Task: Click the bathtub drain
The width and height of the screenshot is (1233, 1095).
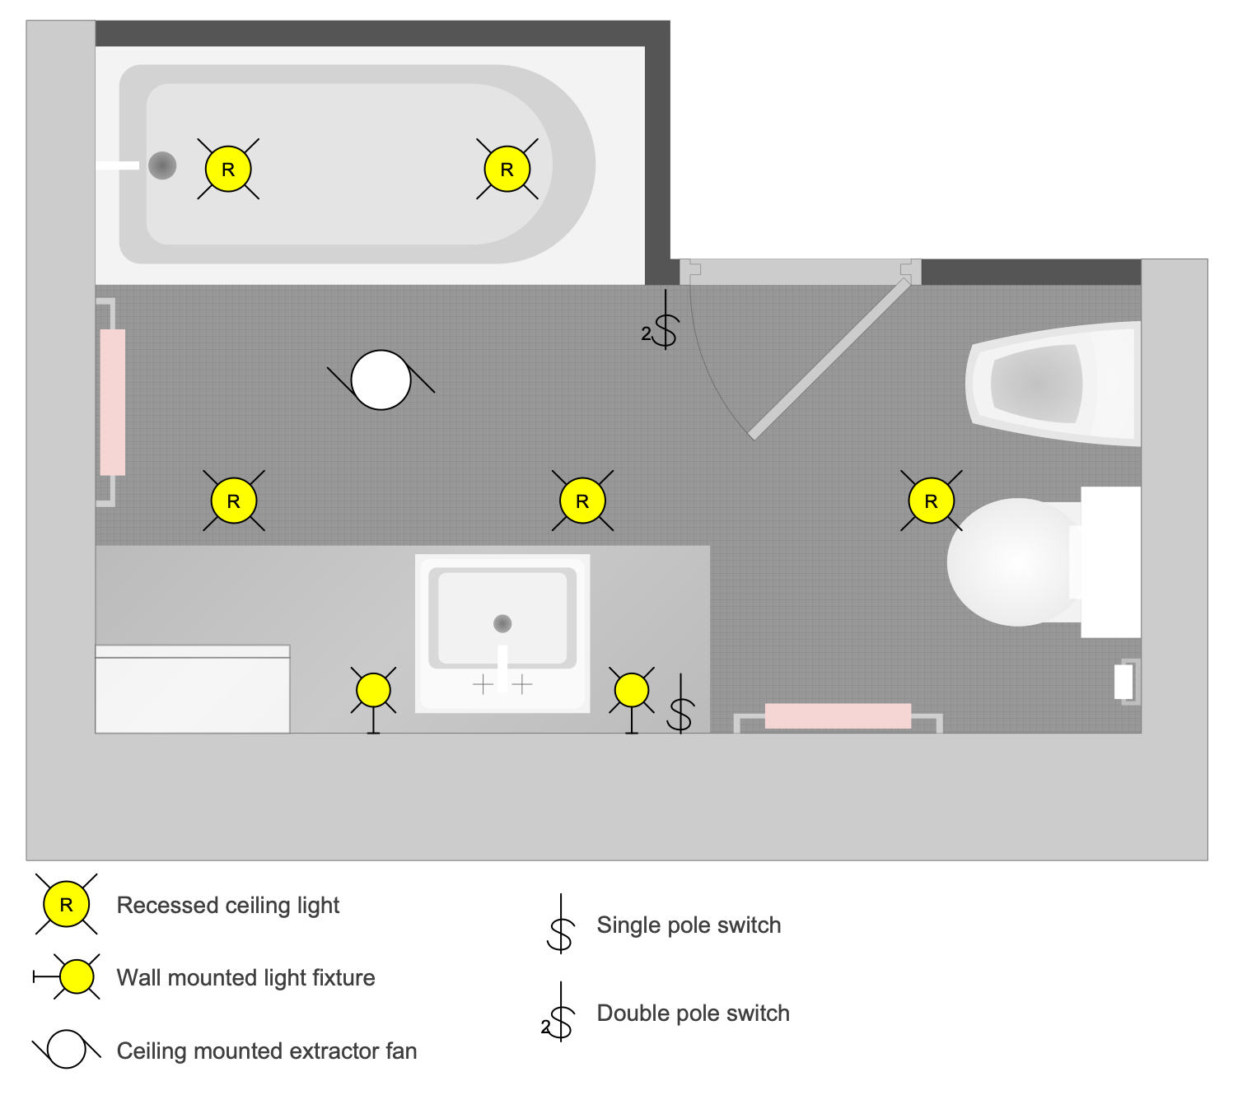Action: (x=162, y=165)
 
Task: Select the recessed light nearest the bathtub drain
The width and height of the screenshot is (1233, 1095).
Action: (x=228, y=170)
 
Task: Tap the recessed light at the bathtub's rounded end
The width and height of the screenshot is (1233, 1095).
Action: (x=507, y=170)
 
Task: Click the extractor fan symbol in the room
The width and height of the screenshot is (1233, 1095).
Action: (x=381, y=380)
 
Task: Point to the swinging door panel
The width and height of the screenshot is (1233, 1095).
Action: (x=830, y=358)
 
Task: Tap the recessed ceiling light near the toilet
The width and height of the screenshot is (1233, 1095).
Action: (x=931, y=501)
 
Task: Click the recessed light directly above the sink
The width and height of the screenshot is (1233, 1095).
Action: (x=582, y=501)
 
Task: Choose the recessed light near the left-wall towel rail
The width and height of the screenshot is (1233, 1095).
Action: (x=234, y=501)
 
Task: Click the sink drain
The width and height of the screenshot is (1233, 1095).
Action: (x=502, y=623)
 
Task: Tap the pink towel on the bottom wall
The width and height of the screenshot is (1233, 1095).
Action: (x=838, y=715)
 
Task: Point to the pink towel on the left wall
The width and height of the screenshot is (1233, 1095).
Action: (x=113, y=402)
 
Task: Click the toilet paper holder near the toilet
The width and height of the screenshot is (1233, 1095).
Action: (x=1124, y=682)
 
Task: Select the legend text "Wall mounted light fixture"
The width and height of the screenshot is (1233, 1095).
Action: (x=245, y=977)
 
